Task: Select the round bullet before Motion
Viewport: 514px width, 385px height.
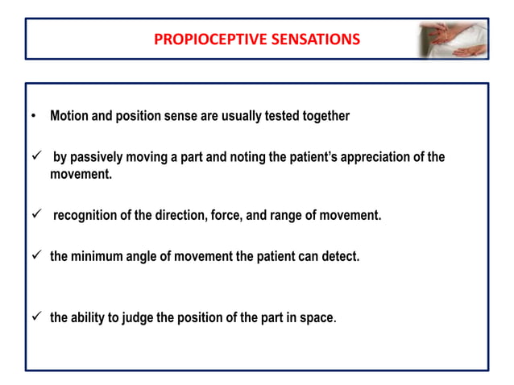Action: click(33, 117)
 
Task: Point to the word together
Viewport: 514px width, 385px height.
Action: click(321, 116)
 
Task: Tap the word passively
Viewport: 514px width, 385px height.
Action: click(99, 157)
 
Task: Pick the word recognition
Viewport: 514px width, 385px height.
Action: click(86, 216)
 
